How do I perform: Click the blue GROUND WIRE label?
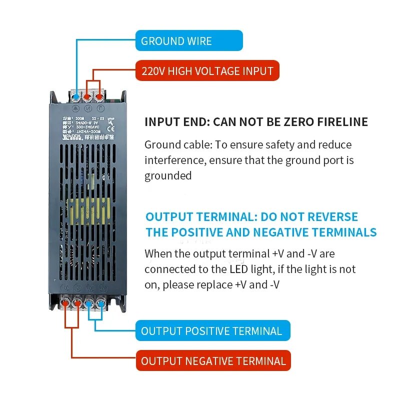(x=189, y=40)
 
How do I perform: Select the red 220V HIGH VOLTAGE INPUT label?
(x=207, y=70)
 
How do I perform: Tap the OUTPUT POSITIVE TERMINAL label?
(x=212, y=330)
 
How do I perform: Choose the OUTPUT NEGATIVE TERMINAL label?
(x=213, y=360)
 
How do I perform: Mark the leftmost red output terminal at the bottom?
(x=66, y=302)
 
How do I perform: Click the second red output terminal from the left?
(x=78, y=302)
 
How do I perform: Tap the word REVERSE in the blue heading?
(x=332, y=217)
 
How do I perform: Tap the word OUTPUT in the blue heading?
(x=169, y=217)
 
